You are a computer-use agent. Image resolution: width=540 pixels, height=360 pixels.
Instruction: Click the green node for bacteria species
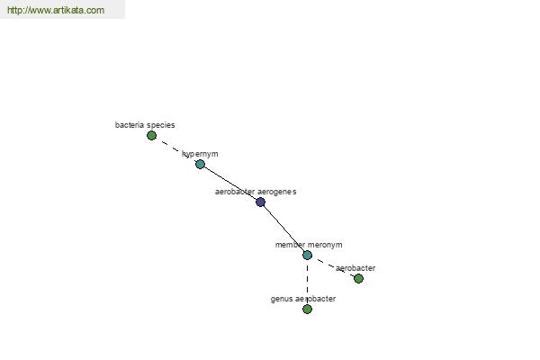151,135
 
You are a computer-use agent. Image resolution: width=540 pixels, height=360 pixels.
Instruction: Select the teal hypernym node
200,164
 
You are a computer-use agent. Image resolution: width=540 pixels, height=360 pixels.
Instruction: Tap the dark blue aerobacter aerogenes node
261,202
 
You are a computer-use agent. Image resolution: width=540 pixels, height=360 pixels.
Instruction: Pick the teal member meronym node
307,255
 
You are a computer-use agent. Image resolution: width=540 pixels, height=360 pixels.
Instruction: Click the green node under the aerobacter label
358,278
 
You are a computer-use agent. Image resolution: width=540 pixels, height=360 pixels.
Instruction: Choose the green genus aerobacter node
307,309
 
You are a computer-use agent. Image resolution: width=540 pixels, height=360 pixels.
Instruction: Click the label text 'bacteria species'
145,125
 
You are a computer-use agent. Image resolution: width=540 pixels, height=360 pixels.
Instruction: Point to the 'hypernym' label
200,154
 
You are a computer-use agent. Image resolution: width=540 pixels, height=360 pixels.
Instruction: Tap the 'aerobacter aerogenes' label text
256,192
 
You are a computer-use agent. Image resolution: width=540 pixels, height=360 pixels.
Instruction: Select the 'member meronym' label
309,245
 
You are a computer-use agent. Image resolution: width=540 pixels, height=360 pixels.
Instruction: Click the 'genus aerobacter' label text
303,299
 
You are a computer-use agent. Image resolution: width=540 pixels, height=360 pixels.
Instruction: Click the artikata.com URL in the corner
56,10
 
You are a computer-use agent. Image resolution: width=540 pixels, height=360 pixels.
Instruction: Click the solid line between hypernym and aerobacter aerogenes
230,184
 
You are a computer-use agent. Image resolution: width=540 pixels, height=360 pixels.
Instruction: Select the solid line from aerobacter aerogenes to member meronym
284,229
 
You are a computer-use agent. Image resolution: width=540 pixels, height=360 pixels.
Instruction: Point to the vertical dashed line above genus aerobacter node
307,282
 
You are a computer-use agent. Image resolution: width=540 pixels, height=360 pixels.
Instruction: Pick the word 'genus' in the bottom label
281,299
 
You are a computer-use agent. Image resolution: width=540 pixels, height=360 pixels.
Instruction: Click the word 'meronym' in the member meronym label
325,245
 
